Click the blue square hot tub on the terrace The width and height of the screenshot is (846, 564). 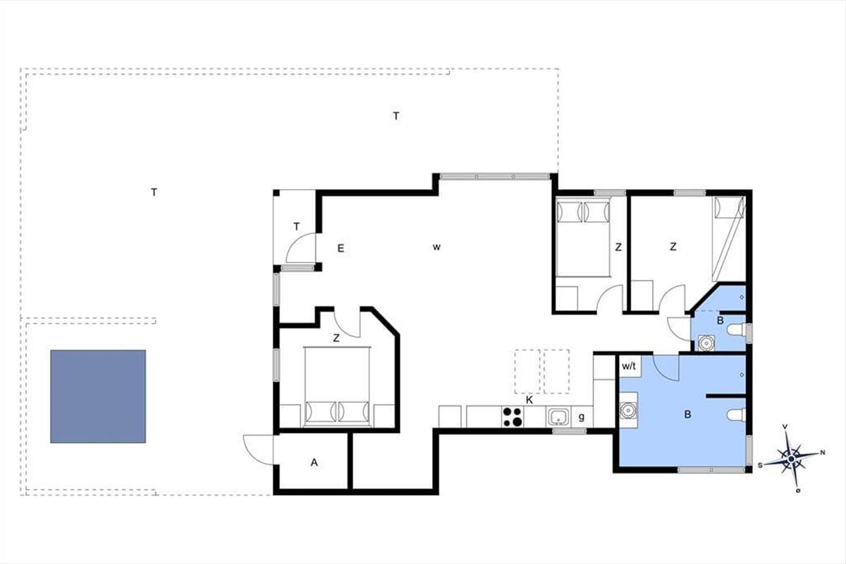point(98,396)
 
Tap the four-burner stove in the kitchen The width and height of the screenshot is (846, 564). point(513,417)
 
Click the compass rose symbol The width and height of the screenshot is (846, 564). point(792,459)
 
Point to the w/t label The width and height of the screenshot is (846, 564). point(629,366)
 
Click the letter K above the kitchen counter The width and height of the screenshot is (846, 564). point(529,400)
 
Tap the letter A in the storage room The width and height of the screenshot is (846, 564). point(314,462)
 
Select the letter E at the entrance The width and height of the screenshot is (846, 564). point(341,248)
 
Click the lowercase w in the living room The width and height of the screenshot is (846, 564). point(436,247)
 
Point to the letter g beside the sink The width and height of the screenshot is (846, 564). point(582,417)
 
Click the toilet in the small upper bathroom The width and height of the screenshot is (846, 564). point(736,329)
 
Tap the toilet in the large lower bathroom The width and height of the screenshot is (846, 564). point(736,415)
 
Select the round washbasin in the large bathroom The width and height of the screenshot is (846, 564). point(628,410)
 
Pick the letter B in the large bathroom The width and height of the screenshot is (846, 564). point(688,415)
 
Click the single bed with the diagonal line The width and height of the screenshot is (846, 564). point(728,239)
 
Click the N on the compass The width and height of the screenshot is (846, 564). point(822,453)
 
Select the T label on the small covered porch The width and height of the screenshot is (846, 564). point(297,227)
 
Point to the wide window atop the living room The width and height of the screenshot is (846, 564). point(495,176)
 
